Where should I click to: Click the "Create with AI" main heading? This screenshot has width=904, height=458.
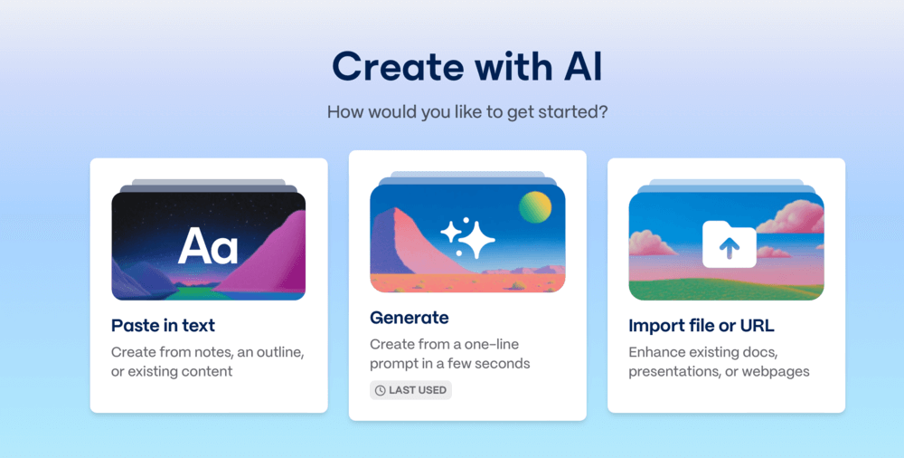(467, 66)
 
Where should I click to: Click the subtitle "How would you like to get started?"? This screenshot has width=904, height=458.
(467, 111)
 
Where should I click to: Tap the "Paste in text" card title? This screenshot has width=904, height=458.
(163, 325)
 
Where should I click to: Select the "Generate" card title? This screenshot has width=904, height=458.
(410, 318)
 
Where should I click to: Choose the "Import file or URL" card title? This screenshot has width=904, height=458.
(702, 326)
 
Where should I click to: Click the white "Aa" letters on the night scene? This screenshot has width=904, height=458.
(208, 245)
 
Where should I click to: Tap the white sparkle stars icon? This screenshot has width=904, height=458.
(467, 237)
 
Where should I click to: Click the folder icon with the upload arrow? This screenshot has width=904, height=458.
(730, 244)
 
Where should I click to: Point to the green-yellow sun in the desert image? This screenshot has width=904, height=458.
(535, 207)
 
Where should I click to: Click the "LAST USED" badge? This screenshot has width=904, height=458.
(410, 390)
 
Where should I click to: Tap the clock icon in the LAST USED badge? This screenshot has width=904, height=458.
(380, 390)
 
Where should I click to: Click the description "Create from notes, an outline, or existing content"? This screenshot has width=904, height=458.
(208, 361)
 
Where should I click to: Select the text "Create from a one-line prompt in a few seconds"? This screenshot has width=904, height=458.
(449, 354)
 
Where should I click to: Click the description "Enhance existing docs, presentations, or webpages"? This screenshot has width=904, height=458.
(719, 361)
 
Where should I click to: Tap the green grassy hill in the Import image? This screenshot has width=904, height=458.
(727, 289)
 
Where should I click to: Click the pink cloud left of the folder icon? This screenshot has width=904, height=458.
(652, 243)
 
